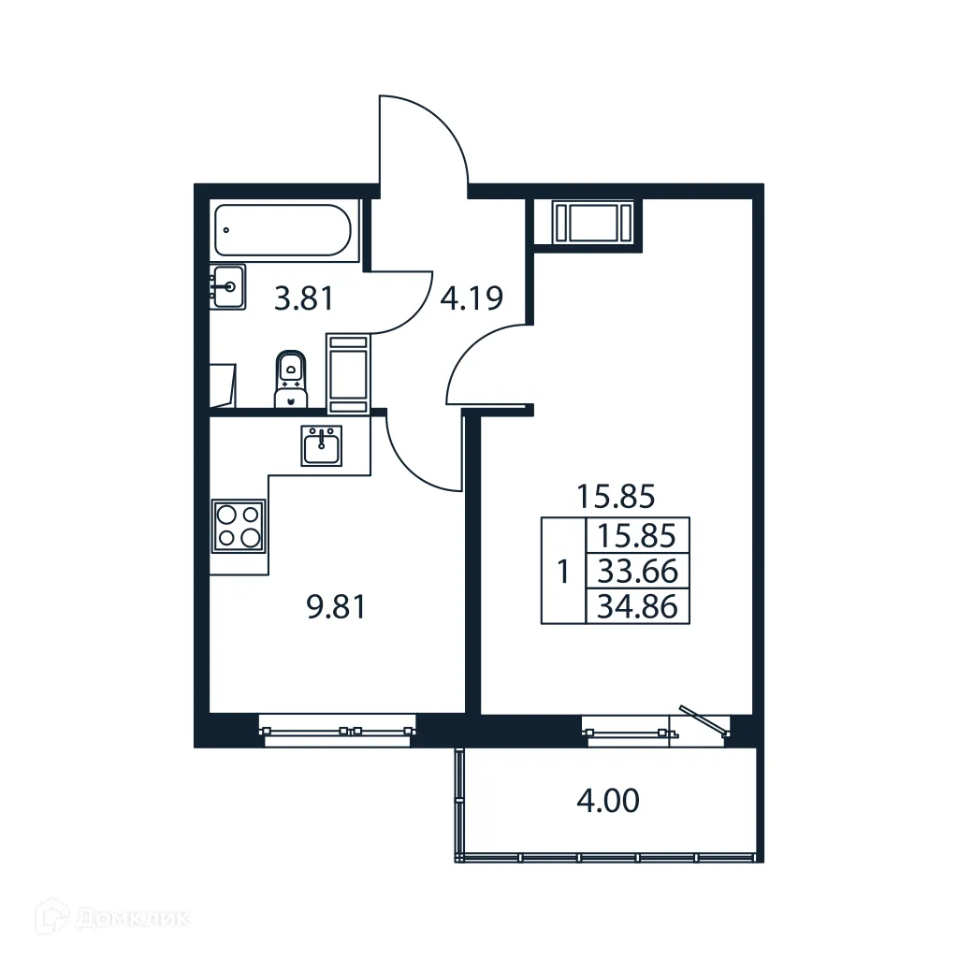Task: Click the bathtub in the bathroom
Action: (283, 230)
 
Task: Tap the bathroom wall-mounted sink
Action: (227, 285)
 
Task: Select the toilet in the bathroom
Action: (293, 379)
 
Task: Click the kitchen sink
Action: (321, 445)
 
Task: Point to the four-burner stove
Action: (239, 525)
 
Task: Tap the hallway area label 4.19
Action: (472, 298)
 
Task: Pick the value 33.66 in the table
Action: (637, 570)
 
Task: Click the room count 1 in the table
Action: (562, 571)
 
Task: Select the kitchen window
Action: (336, 731)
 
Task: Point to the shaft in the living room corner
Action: (588, 223)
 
